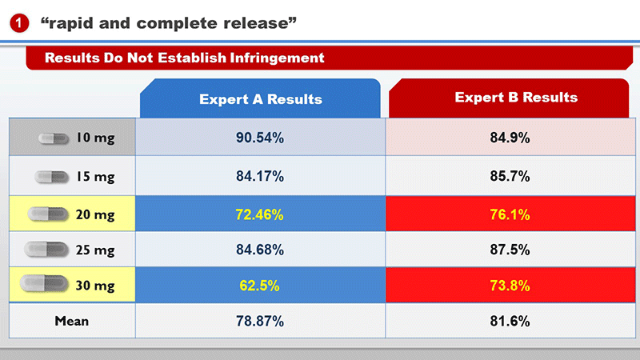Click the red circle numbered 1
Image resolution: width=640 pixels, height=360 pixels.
tap(19, 23)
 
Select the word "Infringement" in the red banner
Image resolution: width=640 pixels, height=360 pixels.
tap(277, 58)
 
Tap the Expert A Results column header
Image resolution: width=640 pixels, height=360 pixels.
tap(261, 98)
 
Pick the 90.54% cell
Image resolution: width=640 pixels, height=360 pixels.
tap(260, 138)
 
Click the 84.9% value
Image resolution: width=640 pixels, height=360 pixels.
tap(510, 138)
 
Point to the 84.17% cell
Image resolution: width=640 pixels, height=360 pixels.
tap(260, 176)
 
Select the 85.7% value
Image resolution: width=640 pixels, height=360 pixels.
tap(510, 176)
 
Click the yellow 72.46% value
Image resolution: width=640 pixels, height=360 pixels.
tap(259, 214)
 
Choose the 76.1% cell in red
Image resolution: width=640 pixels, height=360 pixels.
tap(510, 214)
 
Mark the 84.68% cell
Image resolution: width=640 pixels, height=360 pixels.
tap(260, 250)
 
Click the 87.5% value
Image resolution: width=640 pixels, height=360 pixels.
tap(510, 250)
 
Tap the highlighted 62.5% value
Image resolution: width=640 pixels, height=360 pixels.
tap(259, 286)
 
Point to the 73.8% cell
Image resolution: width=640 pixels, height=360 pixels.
tap(510, 285)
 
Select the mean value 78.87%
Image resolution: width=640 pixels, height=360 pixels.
tap(260, 321)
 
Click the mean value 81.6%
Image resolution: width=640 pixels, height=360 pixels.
tap(510, 321)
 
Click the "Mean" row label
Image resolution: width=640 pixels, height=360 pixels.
tap(72, 321)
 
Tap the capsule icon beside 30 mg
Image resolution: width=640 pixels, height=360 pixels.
tap(44, 284)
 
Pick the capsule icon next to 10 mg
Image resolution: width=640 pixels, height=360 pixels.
tap(54, 138)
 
